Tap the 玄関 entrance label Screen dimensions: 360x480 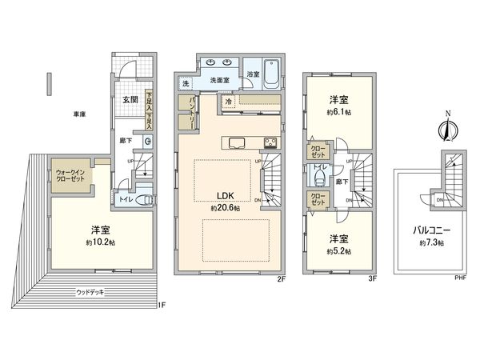130,100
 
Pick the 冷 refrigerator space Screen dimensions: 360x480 229,102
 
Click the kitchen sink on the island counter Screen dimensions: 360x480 238,143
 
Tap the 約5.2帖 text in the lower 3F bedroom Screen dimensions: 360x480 339,250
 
